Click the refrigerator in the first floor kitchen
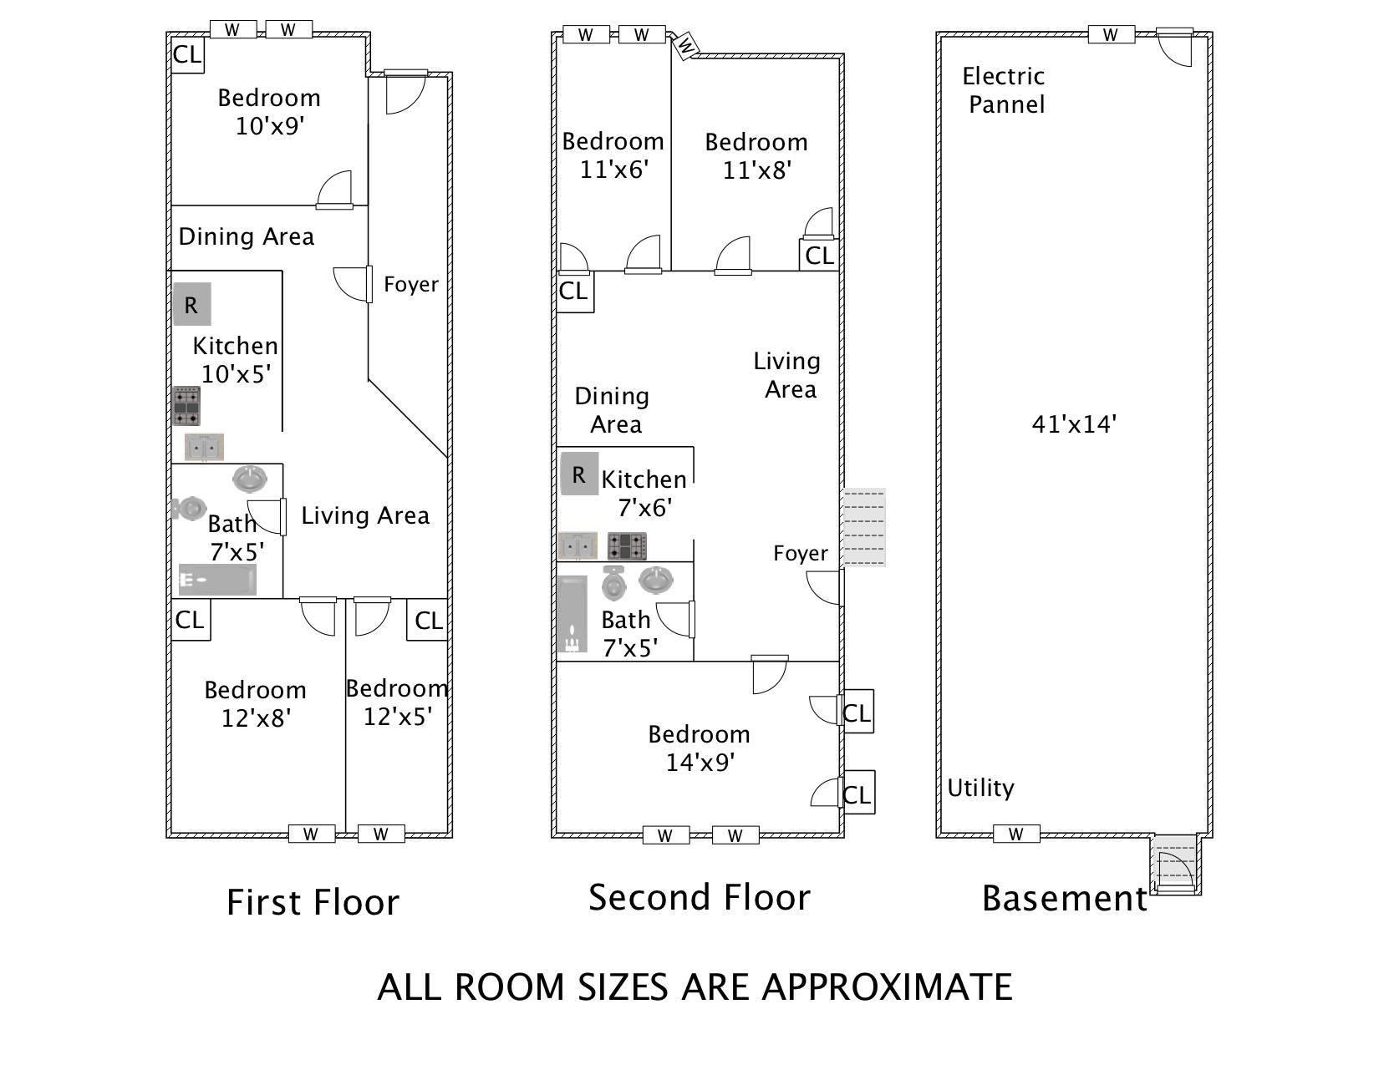(x=191, y=305)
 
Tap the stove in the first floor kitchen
(x=186, y=406)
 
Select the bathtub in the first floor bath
(x=217, y=580)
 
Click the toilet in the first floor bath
(x=189, y=508)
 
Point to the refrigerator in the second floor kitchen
(x=579, y=474)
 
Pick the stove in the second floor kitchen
(x=628, y=546)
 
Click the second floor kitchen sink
(x=578, y=546)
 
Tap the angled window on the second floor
(x=685, y=45)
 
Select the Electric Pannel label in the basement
(x=1005, y=90)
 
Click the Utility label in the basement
(x=980, y=788)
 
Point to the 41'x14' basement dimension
(x=1074, y=424)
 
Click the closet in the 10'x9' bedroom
(x=187, y=55)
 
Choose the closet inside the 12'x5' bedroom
(x=428, y=621)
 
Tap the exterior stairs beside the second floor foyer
(x=863, y=527)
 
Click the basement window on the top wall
(x=1111, y=34)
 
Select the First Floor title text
(x=313, y=903)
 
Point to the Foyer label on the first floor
(x=411, y=285)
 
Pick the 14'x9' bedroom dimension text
(x=700, y=763)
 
